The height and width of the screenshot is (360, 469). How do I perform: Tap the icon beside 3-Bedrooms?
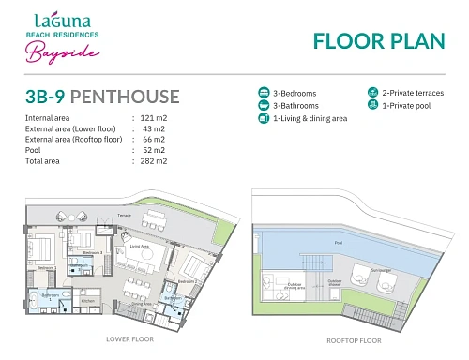264,94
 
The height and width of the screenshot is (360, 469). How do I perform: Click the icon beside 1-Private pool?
372,106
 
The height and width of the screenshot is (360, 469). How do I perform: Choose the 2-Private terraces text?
411,93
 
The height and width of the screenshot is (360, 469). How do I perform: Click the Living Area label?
140,247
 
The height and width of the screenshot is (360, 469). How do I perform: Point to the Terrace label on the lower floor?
124,214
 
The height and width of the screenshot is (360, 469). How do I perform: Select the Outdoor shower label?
333,279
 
